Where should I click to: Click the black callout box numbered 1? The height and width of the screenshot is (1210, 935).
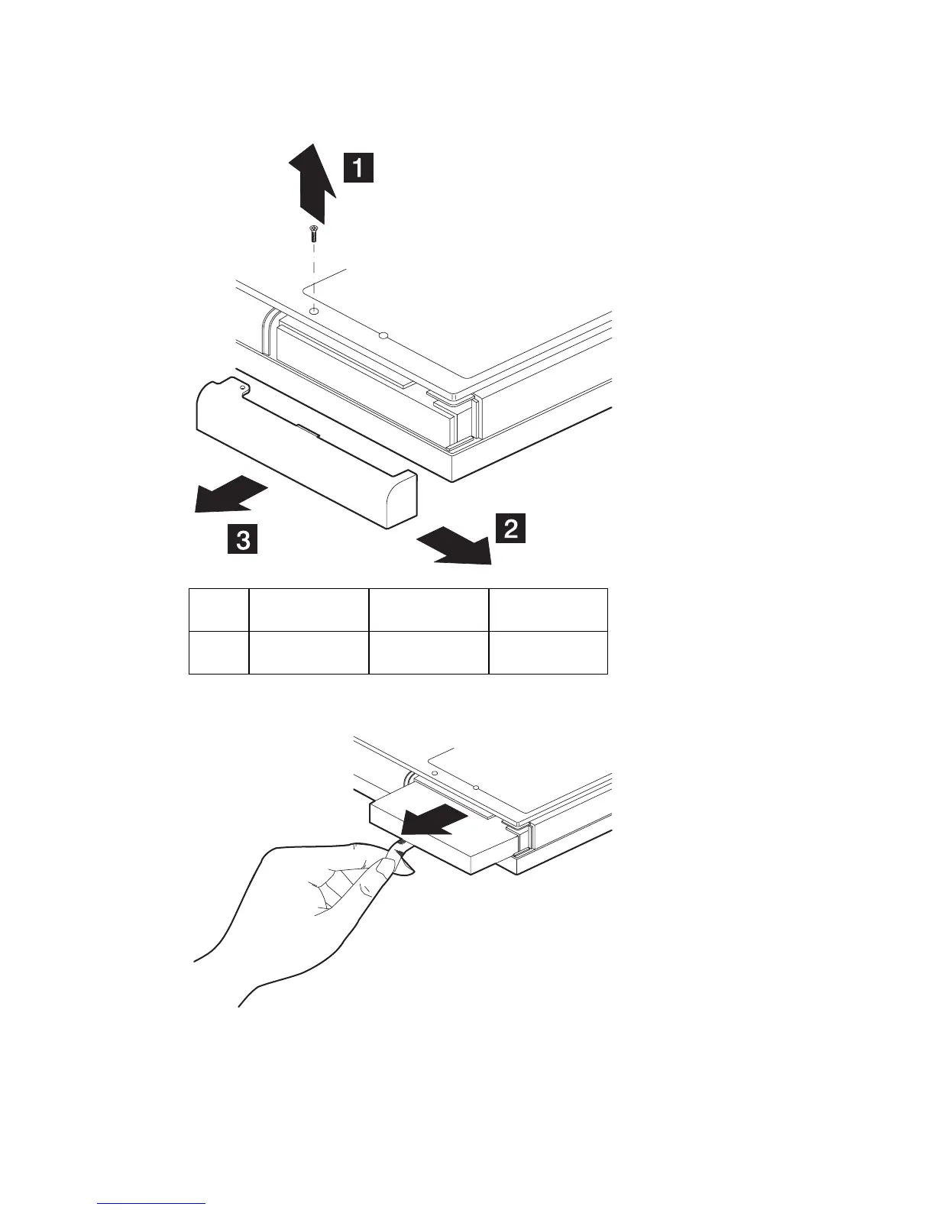(357, 167)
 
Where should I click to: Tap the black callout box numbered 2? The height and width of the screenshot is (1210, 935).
(510, 528)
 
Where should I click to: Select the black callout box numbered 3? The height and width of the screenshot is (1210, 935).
(241, 540)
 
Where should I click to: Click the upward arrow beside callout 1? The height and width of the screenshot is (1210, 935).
(312, 183)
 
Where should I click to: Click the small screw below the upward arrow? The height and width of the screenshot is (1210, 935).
(312, 234)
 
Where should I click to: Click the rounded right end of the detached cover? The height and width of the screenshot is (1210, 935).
(402, 500)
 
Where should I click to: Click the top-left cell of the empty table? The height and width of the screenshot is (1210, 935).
(218, 610)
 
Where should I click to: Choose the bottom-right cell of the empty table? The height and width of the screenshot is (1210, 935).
(548, 652)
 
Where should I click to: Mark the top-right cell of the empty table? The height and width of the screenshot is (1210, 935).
(548, 610)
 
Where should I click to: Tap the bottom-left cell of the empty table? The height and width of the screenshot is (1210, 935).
(218, 652)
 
